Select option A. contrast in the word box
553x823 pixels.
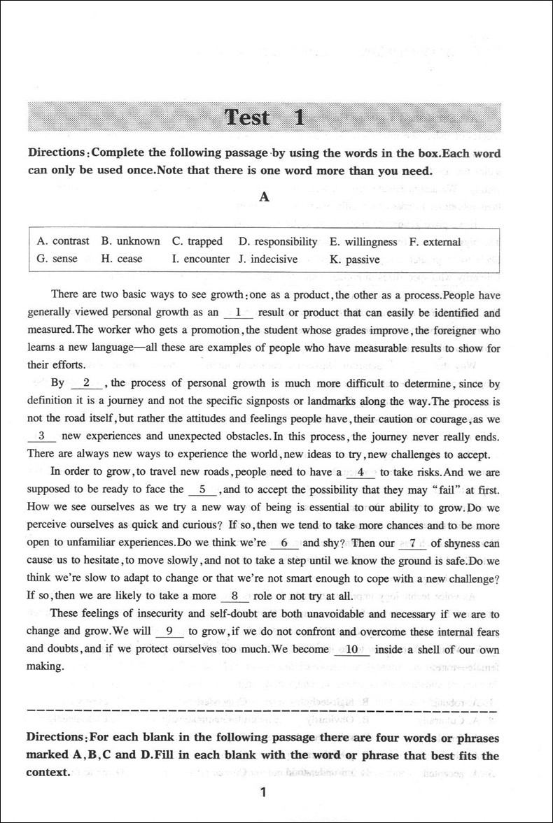coord(63,241)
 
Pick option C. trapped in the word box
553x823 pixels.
coord(197,241)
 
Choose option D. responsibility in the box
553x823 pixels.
coord(278,241)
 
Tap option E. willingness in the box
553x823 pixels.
coord(363,241)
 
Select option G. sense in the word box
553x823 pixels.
coord(57,259)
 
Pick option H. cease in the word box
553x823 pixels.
coord(122,259)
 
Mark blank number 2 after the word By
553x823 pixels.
coord(87,382)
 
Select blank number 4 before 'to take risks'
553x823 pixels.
coord(360,472)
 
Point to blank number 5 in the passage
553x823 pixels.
coord(202,489)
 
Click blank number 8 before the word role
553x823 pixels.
coord(235,596)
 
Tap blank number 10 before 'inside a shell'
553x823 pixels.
coord(352,650)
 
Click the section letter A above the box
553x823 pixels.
coord(264,197)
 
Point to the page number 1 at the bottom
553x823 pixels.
coord(263,792)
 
